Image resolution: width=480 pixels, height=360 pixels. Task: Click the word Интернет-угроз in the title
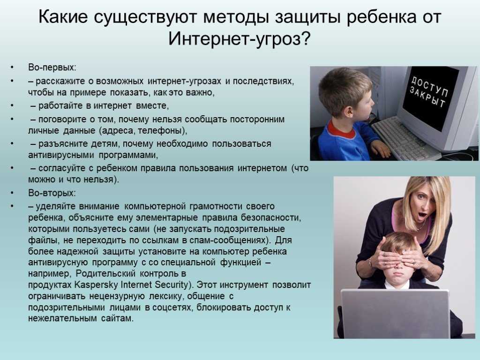pyautogui.click(x=234, y=39)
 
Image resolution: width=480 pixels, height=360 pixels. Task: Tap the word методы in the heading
pyautogui.click(x=236, y=17)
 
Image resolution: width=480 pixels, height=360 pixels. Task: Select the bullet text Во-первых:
pyautogui.click(x=52, y=67)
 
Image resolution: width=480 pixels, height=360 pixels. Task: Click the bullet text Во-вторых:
pyautogui.click(x=52, y=193)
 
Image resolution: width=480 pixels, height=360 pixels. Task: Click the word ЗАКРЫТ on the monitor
pyautogui.click(x=427, y=97)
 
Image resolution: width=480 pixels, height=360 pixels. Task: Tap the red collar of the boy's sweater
pyautogui.click(x=341, y=130)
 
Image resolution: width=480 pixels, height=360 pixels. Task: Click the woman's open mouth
pyautogui.click(x=422, y=215)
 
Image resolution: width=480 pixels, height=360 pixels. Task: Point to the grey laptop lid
pyautogui.click(x=395, y=314)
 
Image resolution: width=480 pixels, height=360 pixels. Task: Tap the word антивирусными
pyautogui.click(x=61, y=155)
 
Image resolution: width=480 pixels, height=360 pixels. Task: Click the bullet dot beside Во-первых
pyautogui.click(x=12, y=67)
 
